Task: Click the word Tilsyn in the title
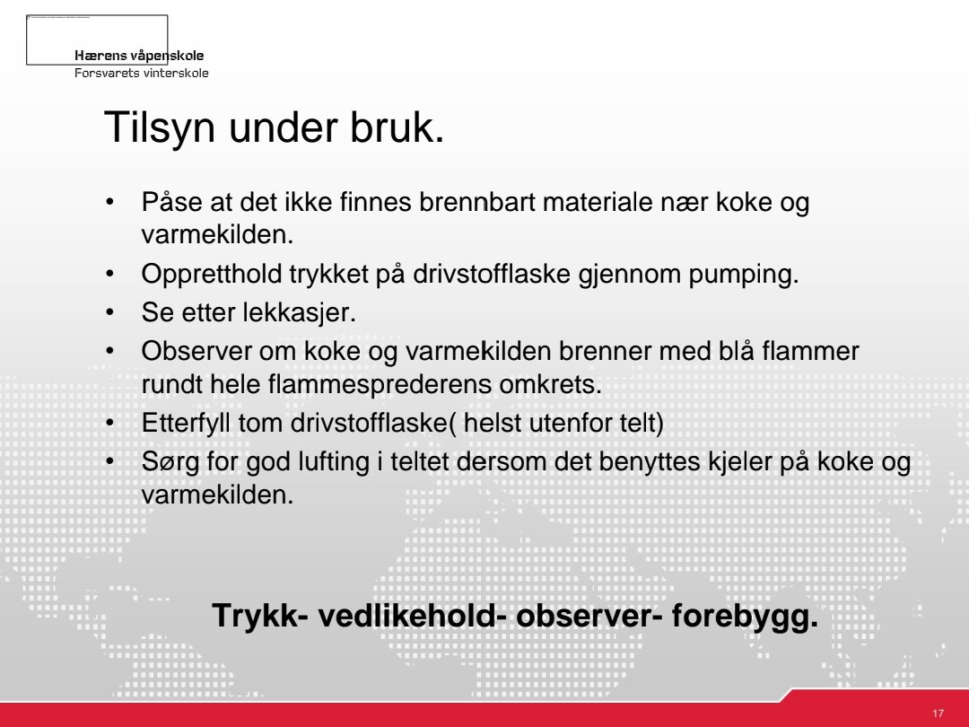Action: pos(159,128)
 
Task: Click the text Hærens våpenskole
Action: pos(139,56)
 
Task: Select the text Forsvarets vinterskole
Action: pos(142,73)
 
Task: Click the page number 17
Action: pos(938,714)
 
